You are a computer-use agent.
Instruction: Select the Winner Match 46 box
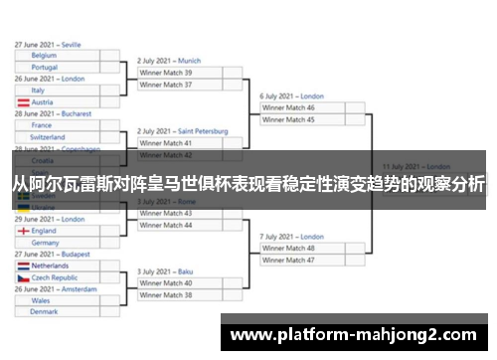point(313,107)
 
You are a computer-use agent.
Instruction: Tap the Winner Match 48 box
point(313,248)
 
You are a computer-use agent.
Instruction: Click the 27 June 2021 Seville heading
point(50,44)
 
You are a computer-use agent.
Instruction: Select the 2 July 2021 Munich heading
point(169,61)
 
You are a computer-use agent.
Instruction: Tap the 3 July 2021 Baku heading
point(165,271)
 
